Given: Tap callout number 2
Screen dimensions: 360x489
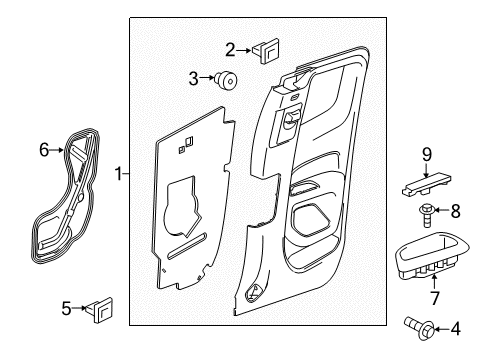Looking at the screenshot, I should click(230, 49).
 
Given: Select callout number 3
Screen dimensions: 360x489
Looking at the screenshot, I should click(194, 77).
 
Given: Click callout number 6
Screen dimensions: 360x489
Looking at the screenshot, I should click(43, 149).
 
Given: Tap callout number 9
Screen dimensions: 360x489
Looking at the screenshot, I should click(425, 154).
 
